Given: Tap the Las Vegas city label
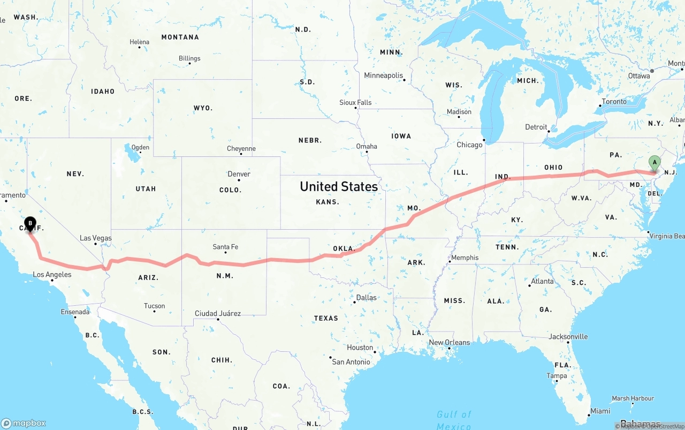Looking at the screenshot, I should [96, 238].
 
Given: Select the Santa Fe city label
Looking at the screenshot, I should [225, 247].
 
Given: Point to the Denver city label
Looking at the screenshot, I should [239, 174].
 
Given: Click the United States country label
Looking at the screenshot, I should [339, 186].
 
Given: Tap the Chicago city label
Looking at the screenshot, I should [469, 145].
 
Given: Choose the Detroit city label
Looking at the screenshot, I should [536, 127].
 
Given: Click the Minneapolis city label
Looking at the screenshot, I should [383, 76].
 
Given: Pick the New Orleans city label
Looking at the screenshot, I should [450, 343].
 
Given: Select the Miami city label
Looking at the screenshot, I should [600, 411].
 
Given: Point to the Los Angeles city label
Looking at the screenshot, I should [52, 275].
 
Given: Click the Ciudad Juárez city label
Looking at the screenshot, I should [217, 313].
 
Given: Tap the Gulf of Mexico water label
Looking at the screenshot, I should [454, 420].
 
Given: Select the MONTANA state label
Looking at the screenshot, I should [180, 37].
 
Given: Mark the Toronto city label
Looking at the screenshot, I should [614, 102].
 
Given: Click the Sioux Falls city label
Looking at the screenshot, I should [355, 102].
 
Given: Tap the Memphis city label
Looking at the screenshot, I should [465, 258].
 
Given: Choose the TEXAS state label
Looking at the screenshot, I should [326, 318].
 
